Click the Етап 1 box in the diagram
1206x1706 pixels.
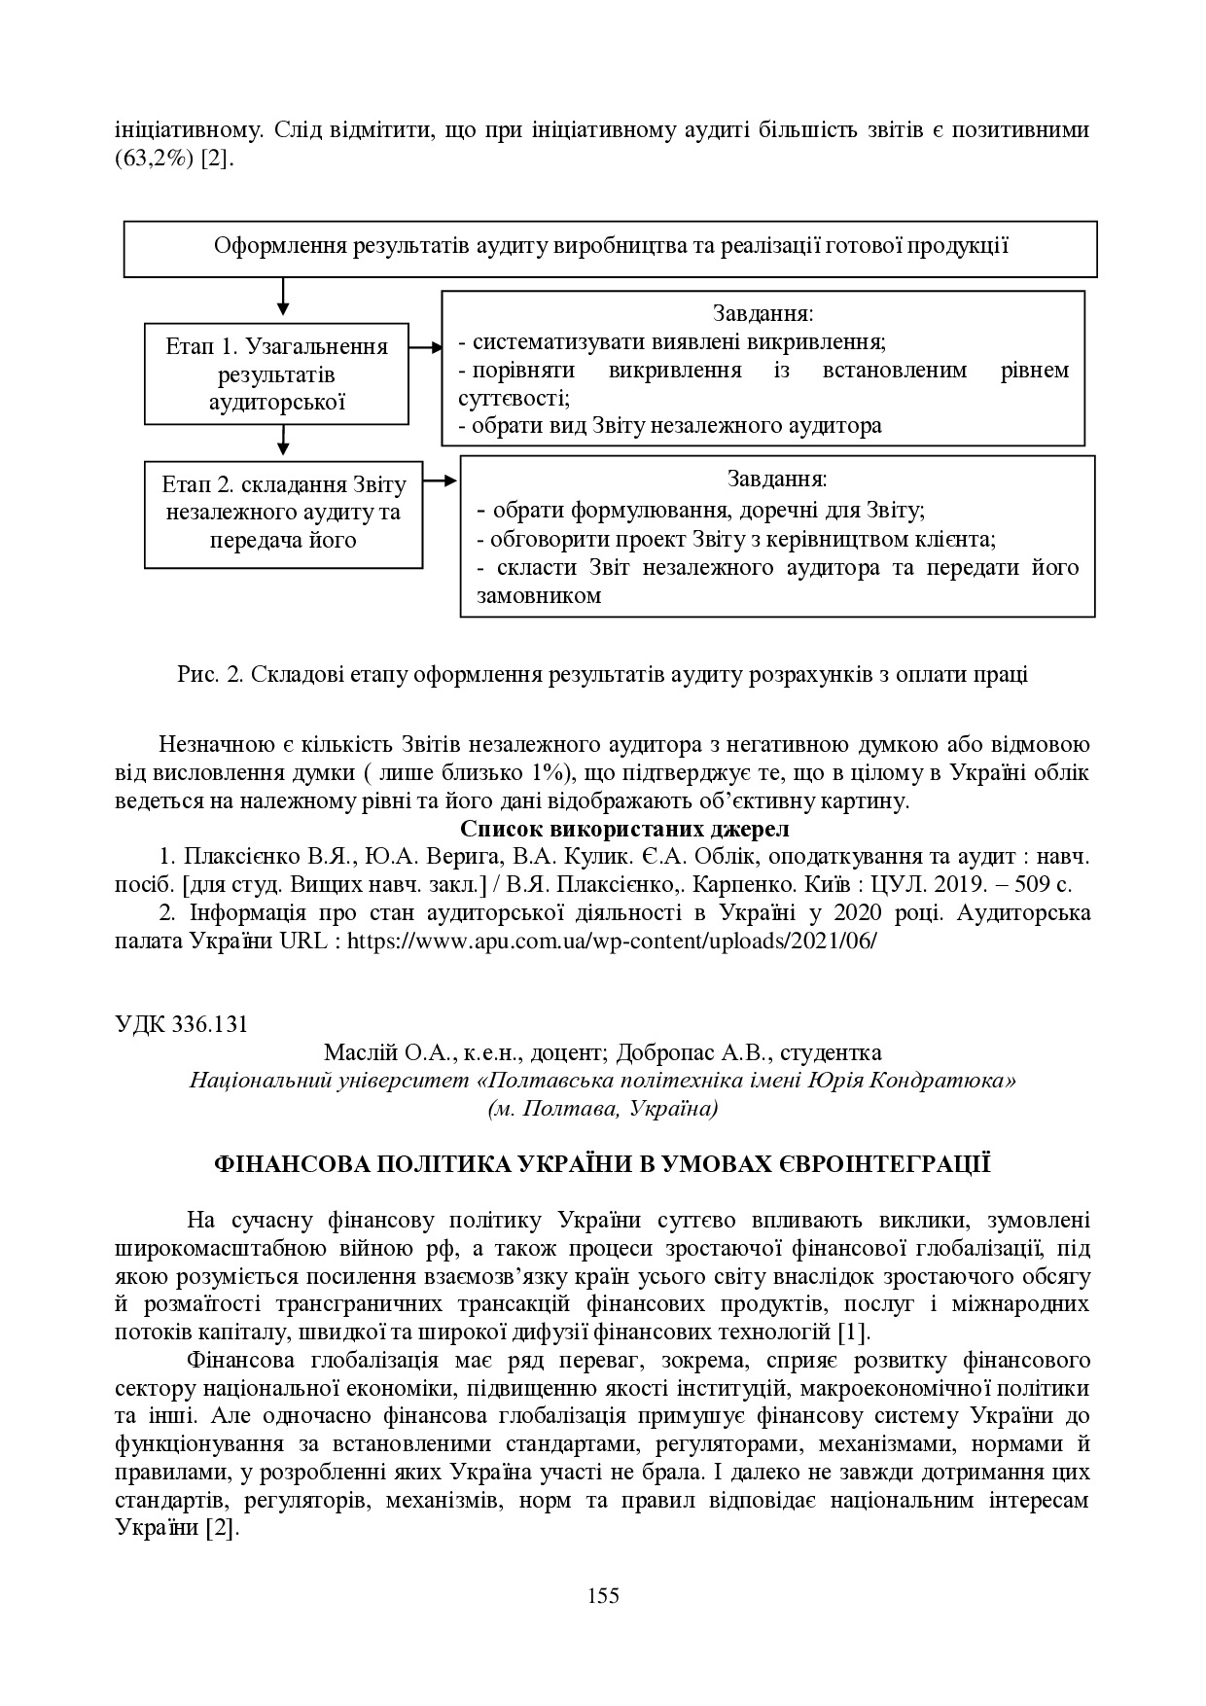(x=277, y=373)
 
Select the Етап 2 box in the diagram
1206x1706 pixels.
(x=283, y=513)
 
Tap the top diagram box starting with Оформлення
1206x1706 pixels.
(x=610, y=247)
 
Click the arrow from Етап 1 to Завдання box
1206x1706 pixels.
(x=425, y=346)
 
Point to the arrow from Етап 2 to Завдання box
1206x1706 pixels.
(x=441, y=480)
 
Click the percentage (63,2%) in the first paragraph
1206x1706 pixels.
(x=155, y=159)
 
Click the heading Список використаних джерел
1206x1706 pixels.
(x=623, y=830)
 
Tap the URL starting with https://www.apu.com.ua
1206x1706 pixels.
(x=612, y=942)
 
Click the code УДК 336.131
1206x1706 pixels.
(x=181, y=1024)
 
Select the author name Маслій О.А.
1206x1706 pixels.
(x=375, y=1052)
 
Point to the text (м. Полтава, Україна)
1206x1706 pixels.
(x=602, y=1108)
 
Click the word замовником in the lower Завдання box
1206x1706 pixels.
(x=539, y=596)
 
